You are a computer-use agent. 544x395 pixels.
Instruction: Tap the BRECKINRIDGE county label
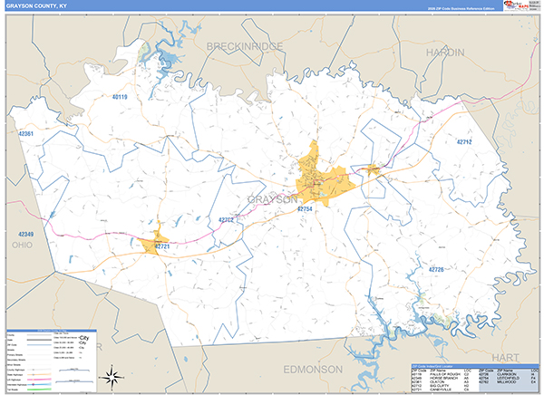244,45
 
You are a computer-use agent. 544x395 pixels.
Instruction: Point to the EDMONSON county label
314,370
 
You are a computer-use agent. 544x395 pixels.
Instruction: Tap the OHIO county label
22,245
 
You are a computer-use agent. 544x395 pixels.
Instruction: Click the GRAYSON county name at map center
272,198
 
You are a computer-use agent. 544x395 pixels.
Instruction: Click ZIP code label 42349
25,235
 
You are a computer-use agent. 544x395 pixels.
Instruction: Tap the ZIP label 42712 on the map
464,142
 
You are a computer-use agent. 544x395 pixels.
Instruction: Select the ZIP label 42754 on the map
305,209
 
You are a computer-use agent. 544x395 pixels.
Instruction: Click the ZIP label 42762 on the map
226,219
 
